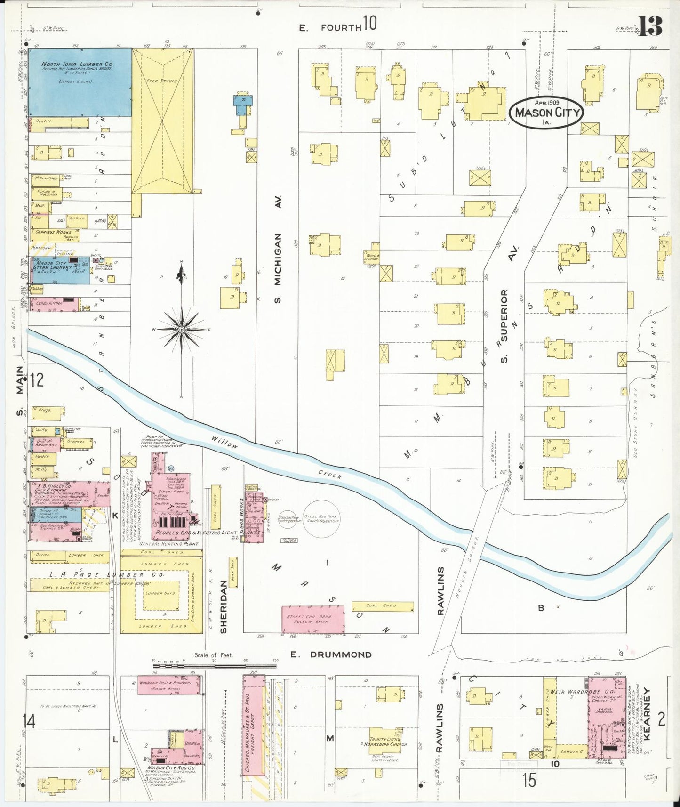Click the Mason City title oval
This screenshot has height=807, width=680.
tap(546, 113)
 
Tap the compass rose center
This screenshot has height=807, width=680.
tap(182, 330)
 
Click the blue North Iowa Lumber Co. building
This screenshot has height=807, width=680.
tap(80, 82)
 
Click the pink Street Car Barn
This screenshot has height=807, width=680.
tap(312, 620)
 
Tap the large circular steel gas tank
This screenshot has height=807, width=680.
tap(321, 519)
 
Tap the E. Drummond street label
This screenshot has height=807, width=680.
tap(331, 654)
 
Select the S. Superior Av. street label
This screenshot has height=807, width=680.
tap(504, 326)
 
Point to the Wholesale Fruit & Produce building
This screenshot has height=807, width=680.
tap(168, 685)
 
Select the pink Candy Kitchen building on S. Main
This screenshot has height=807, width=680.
tap(53, 304)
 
